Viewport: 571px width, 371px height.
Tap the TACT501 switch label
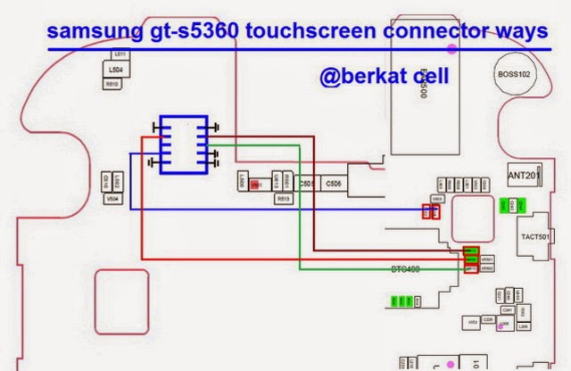point(538,238)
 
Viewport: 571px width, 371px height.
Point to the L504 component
point(115,69)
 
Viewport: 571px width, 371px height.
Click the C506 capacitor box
point(334,184)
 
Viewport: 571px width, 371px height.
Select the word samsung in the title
point(84,32)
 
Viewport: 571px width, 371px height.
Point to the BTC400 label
point(406,268)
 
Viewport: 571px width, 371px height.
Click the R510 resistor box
point(113,84)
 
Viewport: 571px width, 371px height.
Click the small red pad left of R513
point(256,185)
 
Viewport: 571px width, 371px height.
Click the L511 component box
point(122,54)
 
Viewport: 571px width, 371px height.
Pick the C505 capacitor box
point(306,184)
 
